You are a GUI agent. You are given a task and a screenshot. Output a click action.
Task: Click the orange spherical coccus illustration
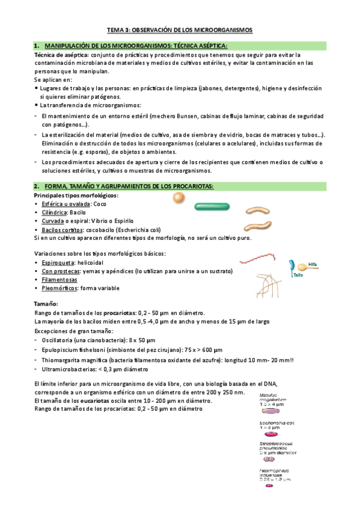pyautogui.click(x=178, y=198)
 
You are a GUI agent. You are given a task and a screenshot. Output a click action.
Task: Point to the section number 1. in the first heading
pyautogui.click(x=37, y=46)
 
